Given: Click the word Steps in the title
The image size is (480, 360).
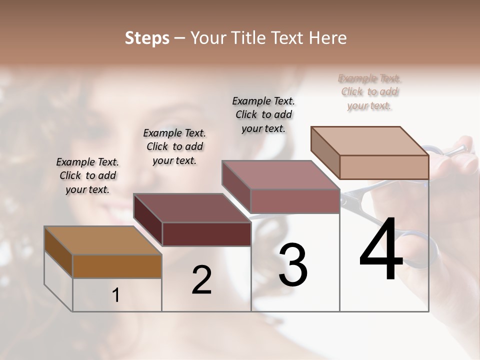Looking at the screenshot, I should (147, 38).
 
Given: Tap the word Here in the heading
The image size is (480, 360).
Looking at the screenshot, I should (327, 38).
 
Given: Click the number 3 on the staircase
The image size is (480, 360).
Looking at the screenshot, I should (293, 264).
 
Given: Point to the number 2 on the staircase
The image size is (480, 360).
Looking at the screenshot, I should (201, 280).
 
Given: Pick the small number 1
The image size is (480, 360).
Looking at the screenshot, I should (116, 295).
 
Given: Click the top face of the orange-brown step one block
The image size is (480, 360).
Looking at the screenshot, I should (102, 240).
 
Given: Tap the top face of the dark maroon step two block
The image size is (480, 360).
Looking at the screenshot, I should (192, 207).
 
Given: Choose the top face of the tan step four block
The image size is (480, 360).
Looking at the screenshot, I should (370, 140).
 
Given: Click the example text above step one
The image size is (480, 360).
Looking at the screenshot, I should (87, 175).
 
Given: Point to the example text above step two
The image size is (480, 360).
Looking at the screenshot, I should (174, 146).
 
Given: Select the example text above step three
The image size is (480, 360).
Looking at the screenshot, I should (263, 114).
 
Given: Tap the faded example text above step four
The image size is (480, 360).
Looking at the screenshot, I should (370, 92).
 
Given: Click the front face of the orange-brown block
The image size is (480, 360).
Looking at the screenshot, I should (117, 266).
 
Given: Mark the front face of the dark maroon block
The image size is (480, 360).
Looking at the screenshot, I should (206, 234).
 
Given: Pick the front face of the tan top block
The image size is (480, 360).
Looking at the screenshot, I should (384, 167).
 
